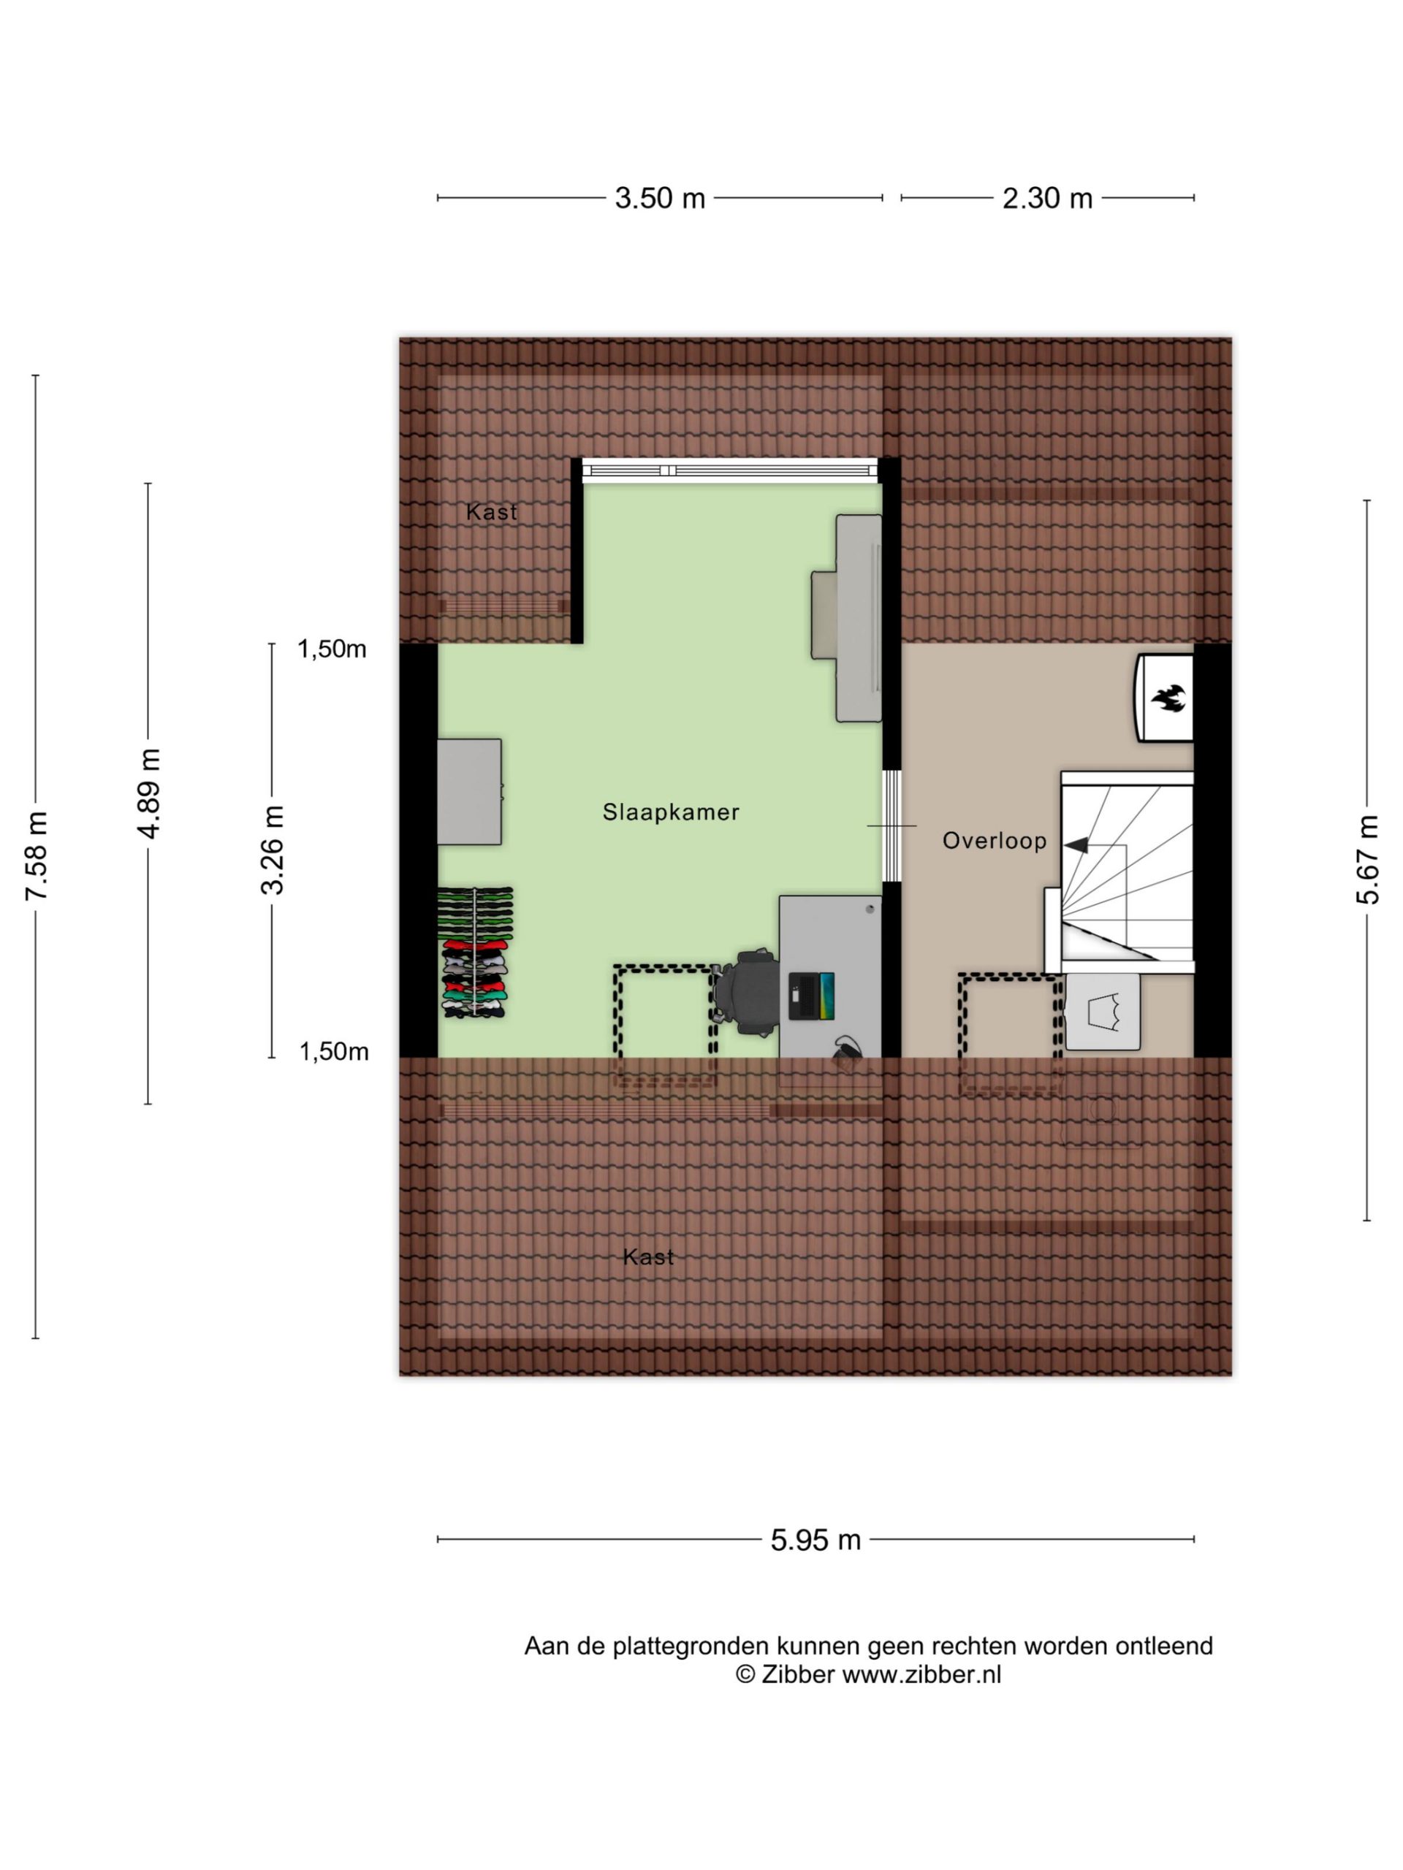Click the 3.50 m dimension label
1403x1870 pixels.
[660, 198]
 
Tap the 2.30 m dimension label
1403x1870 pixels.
[1047, 198]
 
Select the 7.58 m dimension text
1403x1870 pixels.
[37, 855]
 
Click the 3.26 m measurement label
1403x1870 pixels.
[273, 850]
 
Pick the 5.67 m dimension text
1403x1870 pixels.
[1367, 860]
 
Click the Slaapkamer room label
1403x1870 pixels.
[671, 812]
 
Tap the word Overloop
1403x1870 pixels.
[995, 840]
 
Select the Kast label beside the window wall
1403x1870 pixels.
[491, 511]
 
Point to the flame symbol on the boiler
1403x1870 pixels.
[1168, 698]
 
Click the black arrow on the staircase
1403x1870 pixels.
[1076, 844]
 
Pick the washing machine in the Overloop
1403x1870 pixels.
[1102, 1012]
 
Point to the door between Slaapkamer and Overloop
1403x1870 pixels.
[891, 825]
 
